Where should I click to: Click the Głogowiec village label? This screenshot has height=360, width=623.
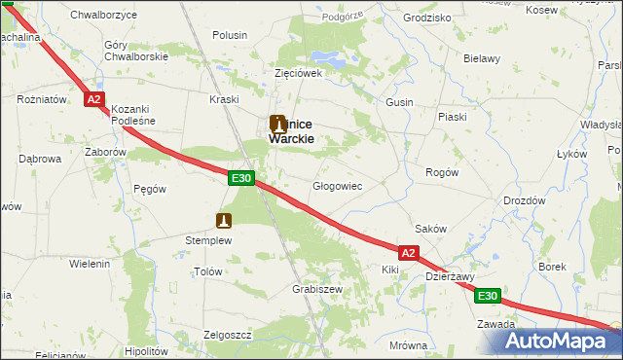click(x=337, y=185)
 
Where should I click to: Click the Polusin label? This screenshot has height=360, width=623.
click(x=230, y=35)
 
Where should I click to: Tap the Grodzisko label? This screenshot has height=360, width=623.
click(x=426, y=18)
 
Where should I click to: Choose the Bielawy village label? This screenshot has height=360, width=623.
click(x=481, y=58)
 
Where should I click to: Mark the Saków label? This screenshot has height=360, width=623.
click(x=430, y=229)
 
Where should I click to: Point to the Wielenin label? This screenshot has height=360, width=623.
click(x=90, y=264)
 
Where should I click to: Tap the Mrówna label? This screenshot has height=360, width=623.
click(x=408, y=345)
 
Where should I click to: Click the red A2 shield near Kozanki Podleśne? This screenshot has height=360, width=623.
click(x=92, y=99)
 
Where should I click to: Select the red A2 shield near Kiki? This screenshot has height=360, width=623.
click(x=408, y=253)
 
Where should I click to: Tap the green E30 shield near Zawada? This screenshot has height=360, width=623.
click(x=488, y=296)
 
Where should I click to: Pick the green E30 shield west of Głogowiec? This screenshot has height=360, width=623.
click(x=242, y=178)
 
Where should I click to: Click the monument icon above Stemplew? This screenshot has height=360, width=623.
click(x=225, y=220)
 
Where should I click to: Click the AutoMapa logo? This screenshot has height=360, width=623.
click(x=561, y=341)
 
